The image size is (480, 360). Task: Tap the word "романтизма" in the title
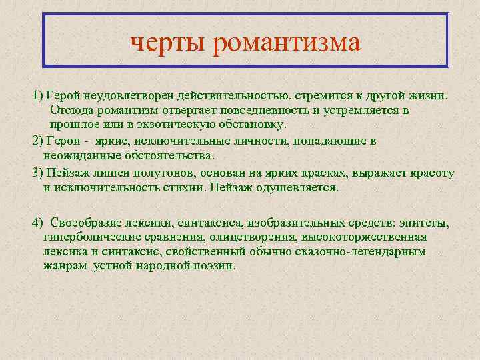[287, 44]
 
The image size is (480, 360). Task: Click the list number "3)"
[37, 172]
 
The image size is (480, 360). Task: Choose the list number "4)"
[38, 222]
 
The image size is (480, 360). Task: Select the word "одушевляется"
[297, 187]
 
